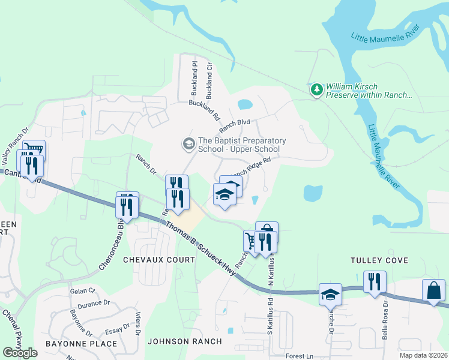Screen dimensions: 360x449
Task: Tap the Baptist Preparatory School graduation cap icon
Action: [188, 144]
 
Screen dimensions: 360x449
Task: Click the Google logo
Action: [20, 353]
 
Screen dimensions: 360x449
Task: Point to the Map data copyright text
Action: [423, 355]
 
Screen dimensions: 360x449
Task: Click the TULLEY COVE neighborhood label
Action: [380, 260]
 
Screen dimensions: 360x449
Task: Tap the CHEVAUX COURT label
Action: [159, 260]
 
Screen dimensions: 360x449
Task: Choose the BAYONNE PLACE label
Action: [81, 344]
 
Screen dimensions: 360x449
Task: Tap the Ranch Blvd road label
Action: [234, 125]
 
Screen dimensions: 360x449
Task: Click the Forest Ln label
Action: [299, 356]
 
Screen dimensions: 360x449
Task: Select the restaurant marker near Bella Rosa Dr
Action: [375, 281]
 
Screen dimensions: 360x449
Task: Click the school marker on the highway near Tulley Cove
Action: [330, 294]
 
